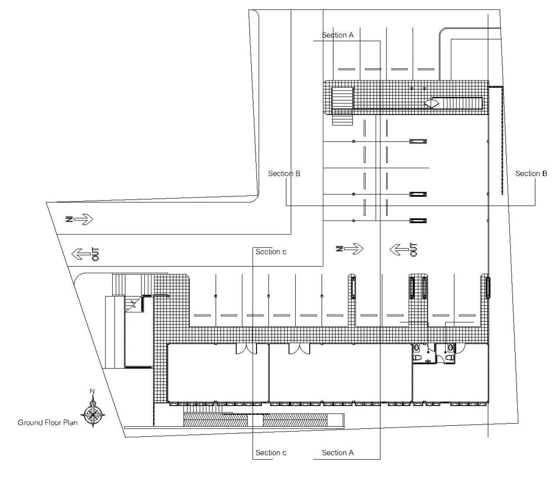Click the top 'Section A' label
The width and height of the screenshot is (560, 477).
coord(337,35)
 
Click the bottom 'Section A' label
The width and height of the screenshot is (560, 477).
coord(337,452)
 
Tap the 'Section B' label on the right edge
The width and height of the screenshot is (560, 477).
coord(531,173)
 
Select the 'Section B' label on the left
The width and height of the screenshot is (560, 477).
coord(284,173)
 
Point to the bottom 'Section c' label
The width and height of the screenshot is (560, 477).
coord(271,452)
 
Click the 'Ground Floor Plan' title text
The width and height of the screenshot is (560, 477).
coord(48,423)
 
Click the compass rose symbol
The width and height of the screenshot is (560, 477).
coord(93,414)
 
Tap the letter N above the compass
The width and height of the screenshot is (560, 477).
coord(92,391)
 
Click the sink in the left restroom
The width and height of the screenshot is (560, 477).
coord(416,347)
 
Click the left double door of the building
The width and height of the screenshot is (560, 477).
coord(246,349)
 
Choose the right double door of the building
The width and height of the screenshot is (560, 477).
coord(299,349)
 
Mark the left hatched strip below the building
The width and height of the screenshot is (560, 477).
coord(215,420)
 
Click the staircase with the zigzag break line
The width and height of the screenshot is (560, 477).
coord(134,304)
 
